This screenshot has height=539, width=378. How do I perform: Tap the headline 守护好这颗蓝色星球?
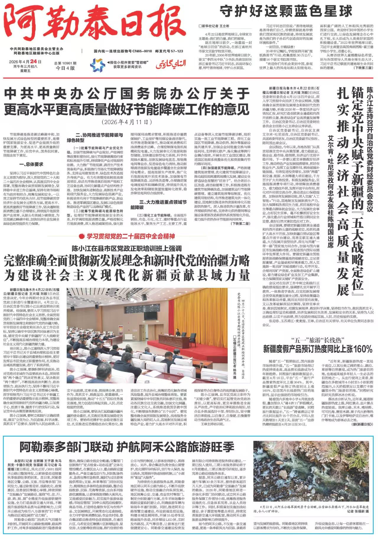coord(286,12)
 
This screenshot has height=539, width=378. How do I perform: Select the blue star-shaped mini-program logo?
coord(97,65)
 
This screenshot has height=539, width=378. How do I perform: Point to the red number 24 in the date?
coord(33,61)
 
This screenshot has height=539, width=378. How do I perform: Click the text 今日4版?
coord(65,68)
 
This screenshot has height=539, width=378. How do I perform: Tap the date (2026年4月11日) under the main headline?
coord(127,122)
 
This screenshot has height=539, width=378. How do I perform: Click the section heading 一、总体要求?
coord(31,164)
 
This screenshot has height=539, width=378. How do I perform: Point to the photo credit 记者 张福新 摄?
coord(358,511)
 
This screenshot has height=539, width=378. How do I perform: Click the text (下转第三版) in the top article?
coord(364,68)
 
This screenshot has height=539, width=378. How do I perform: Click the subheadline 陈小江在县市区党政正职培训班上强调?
coord(127,248)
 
